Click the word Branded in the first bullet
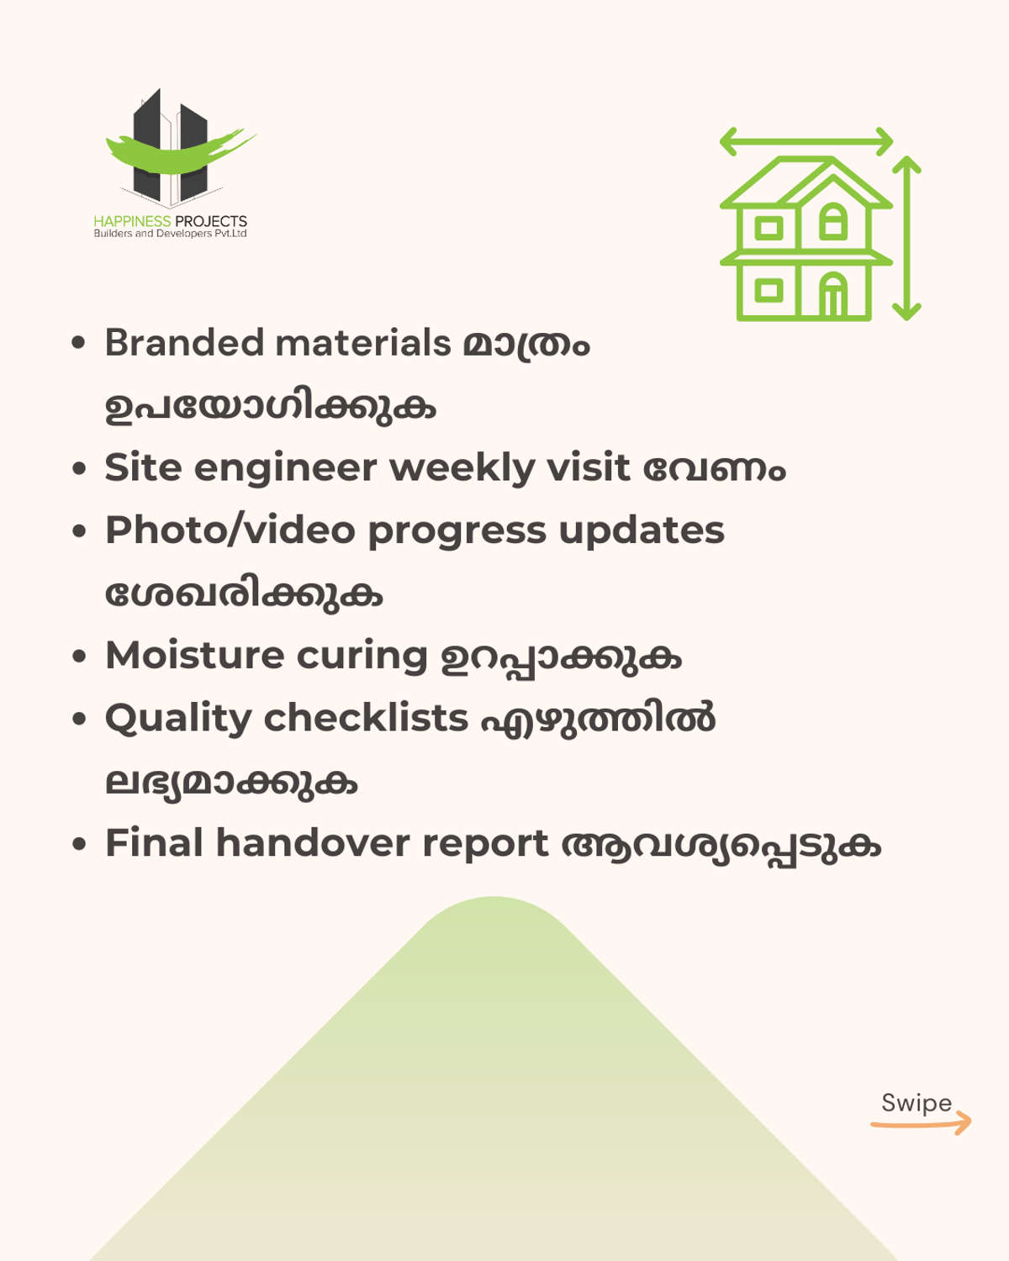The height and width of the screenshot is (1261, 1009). pos(184,342)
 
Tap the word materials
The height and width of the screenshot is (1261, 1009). pos(363,343)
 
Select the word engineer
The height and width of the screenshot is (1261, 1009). pos(286,469)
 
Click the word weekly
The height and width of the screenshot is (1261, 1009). pos(462,469)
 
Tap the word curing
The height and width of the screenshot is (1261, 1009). pos(362,657)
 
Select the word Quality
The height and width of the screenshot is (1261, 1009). pos(178,719)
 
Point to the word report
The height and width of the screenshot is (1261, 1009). pos(485,845)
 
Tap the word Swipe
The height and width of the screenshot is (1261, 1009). pos(917,1103)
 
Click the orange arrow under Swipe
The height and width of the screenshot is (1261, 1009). pos(921,1123)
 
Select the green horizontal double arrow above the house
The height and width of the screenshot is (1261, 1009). pos(806,141)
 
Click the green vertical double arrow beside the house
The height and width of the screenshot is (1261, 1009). pos(907,238)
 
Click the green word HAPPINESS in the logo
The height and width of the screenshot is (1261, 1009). pos(132,221)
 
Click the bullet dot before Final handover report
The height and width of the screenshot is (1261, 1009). pos(78,844)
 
